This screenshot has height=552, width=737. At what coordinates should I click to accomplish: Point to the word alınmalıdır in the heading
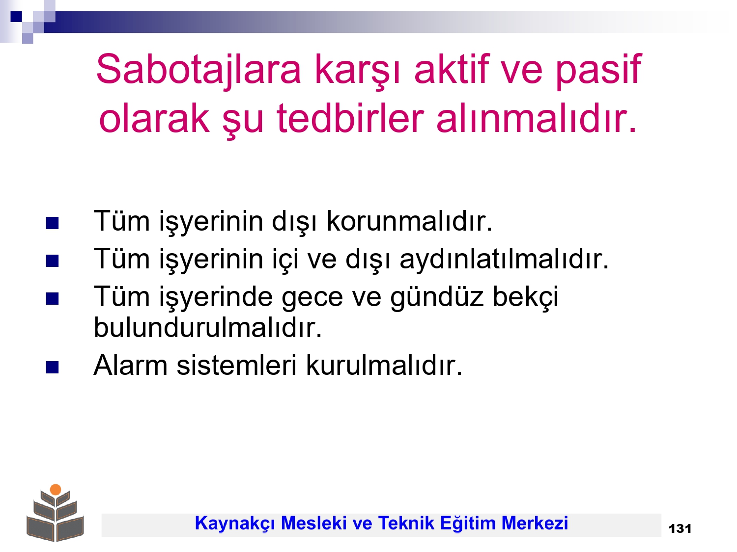pos(536,118)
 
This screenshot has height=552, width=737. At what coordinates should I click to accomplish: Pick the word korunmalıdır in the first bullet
pos(409,221)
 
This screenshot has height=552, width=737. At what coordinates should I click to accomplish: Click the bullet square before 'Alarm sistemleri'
pos(52,367)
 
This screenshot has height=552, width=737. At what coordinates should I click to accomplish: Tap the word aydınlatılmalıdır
pos(504,259)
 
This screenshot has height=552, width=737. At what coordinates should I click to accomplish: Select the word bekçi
pos(525,297)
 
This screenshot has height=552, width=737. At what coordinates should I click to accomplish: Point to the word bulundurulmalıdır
pos(207,327)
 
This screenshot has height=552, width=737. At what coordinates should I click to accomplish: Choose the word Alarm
pos(131,366)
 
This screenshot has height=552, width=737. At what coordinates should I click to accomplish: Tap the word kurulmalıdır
pos(384,366)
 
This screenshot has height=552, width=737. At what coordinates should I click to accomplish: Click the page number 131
pos(680,529)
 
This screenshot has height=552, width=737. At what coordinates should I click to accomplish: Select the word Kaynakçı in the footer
pos(235,524)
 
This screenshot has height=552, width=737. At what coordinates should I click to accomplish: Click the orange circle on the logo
pos(56,489)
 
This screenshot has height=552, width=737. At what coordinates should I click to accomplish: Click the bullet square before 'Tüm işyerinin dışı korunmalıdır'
pos(52,223)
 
